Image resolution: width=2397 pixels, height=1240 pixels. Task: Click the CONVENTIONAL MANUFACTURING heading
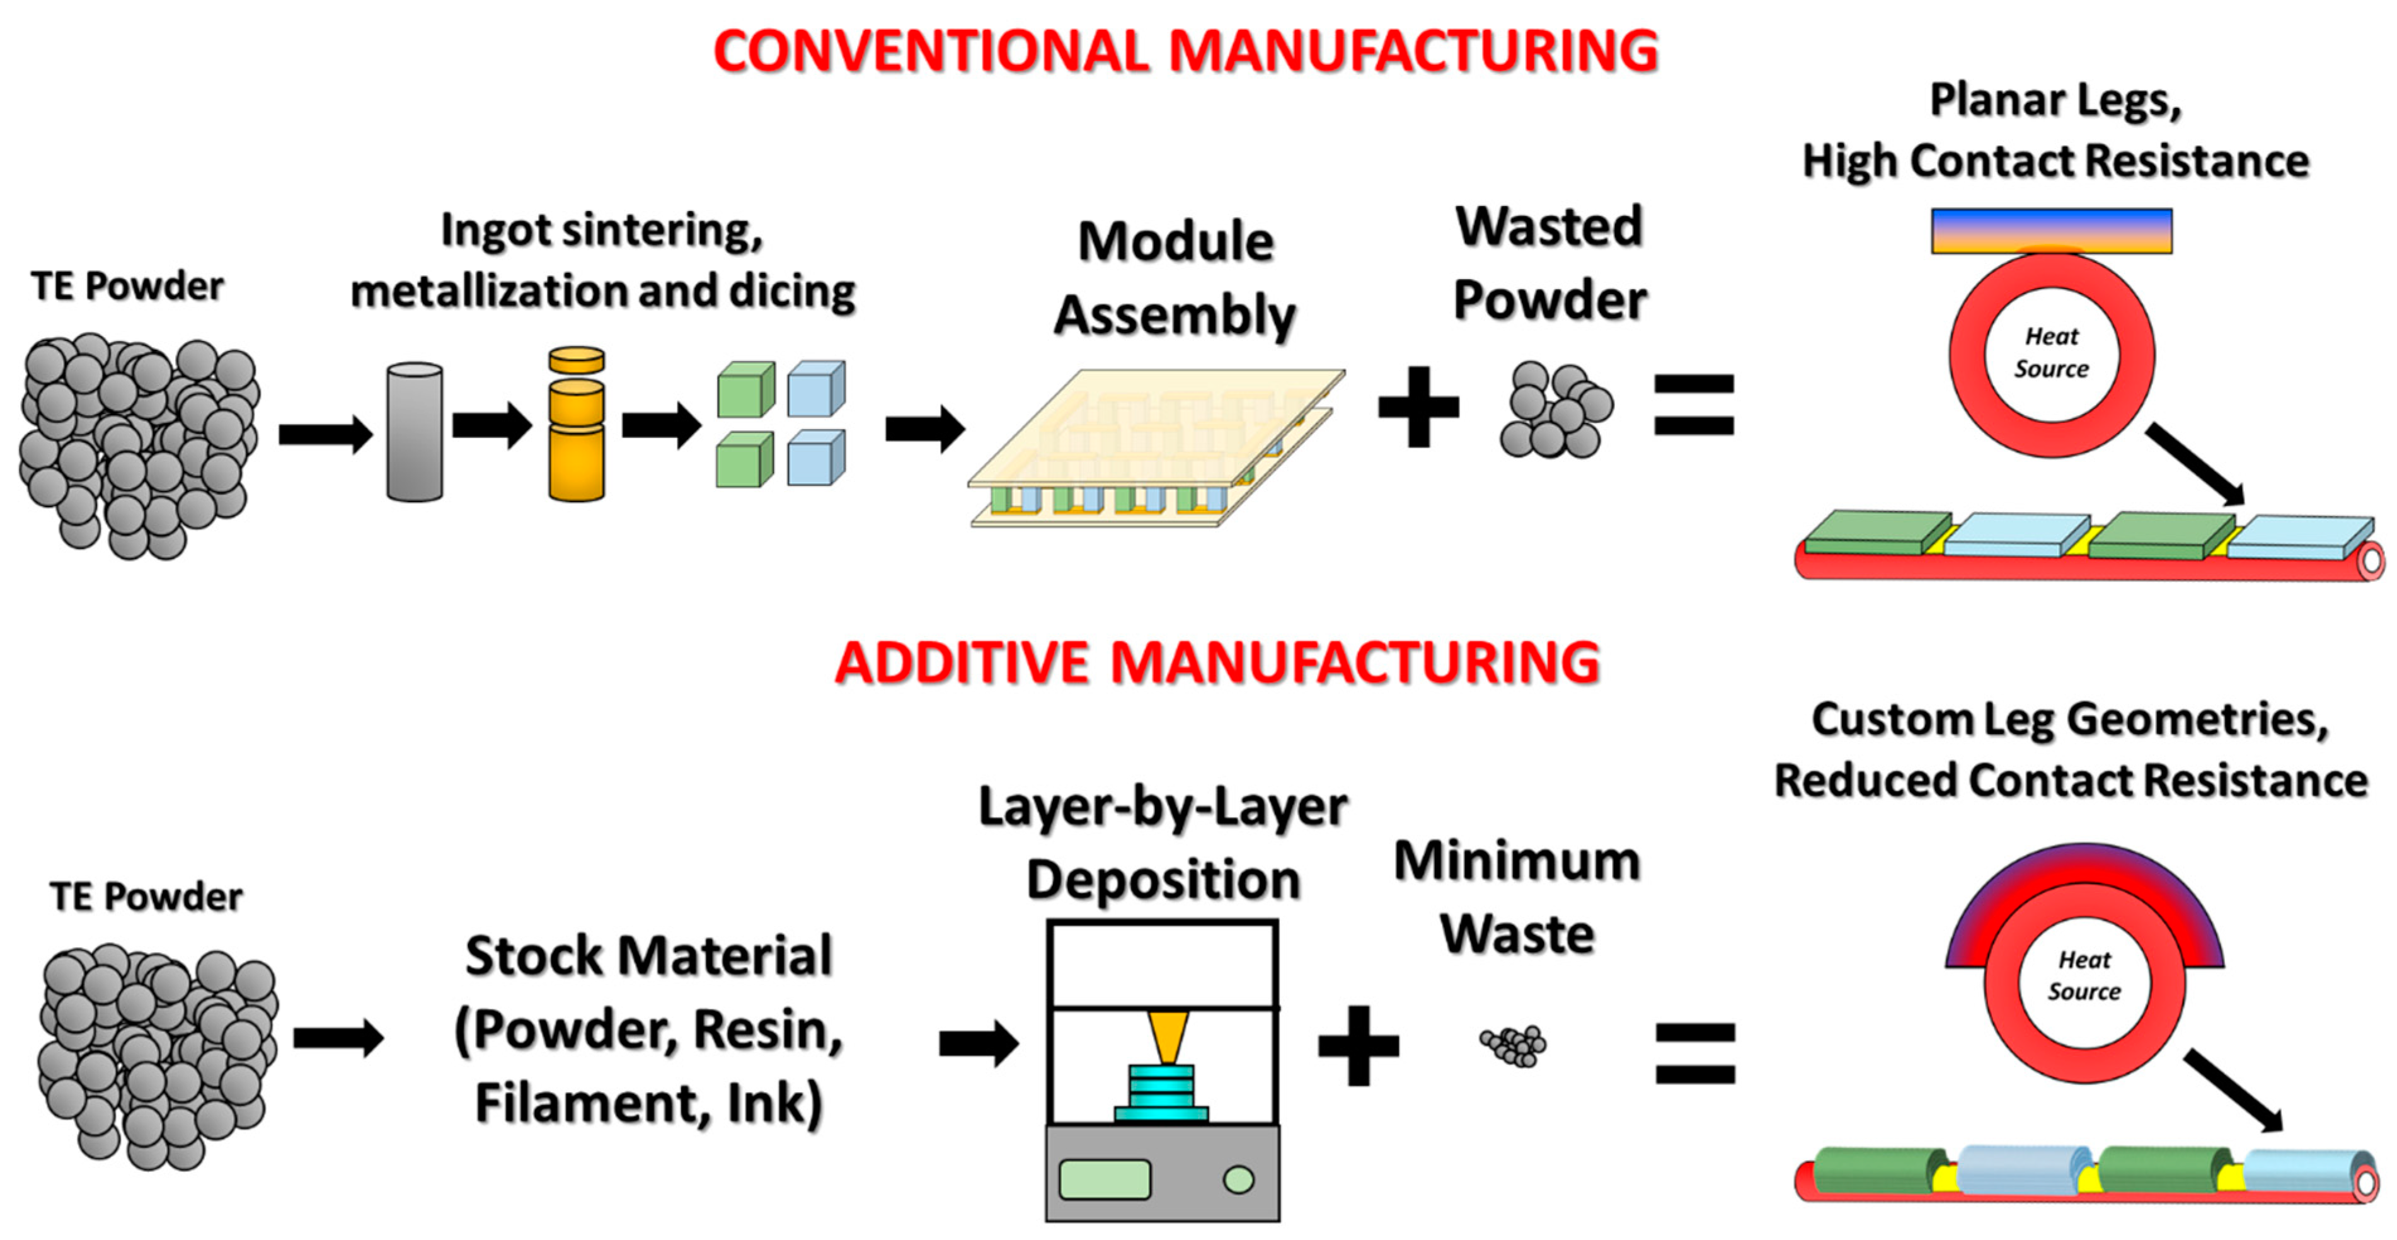pyautogui.click(x=1185, y=51)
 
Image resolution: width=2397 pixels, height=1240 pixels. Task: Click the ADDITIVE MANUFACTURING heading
pyautogui.click(x=1216, y=663)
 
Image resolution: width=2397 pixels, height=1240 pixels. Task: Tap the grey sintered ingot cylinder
pyautogui.click(x=414, y=433)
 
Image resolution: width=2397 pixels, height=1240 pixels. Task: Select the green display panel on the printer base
pyautogui.click(x=1105, y=1180)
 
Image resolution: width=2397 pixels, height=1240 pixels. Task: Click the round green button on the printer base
pyautogui.click(x=1238, y=1180)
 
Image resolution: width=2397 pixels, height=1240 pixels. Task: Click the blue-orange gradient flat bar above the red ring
pyautogui.click(x=2051, y=231)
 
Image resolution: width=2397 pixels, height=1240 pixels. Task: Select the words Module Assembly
pyautogui.click(x=1175, y=277)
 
